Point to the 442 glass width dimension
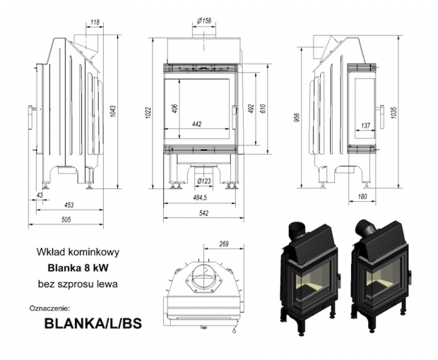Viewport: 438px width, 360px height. coord(197,125)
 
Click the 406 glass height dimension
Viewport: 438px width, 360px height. coord(174,112)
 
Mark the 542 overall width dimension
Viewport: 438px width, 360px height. coord(203,213)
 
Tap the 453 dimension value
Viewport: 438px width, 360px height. coord(69,205)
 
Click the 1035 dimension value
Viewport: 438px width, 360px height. coord(400,111)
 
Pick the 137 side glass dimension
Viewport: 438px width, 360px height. coord(366,125)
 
